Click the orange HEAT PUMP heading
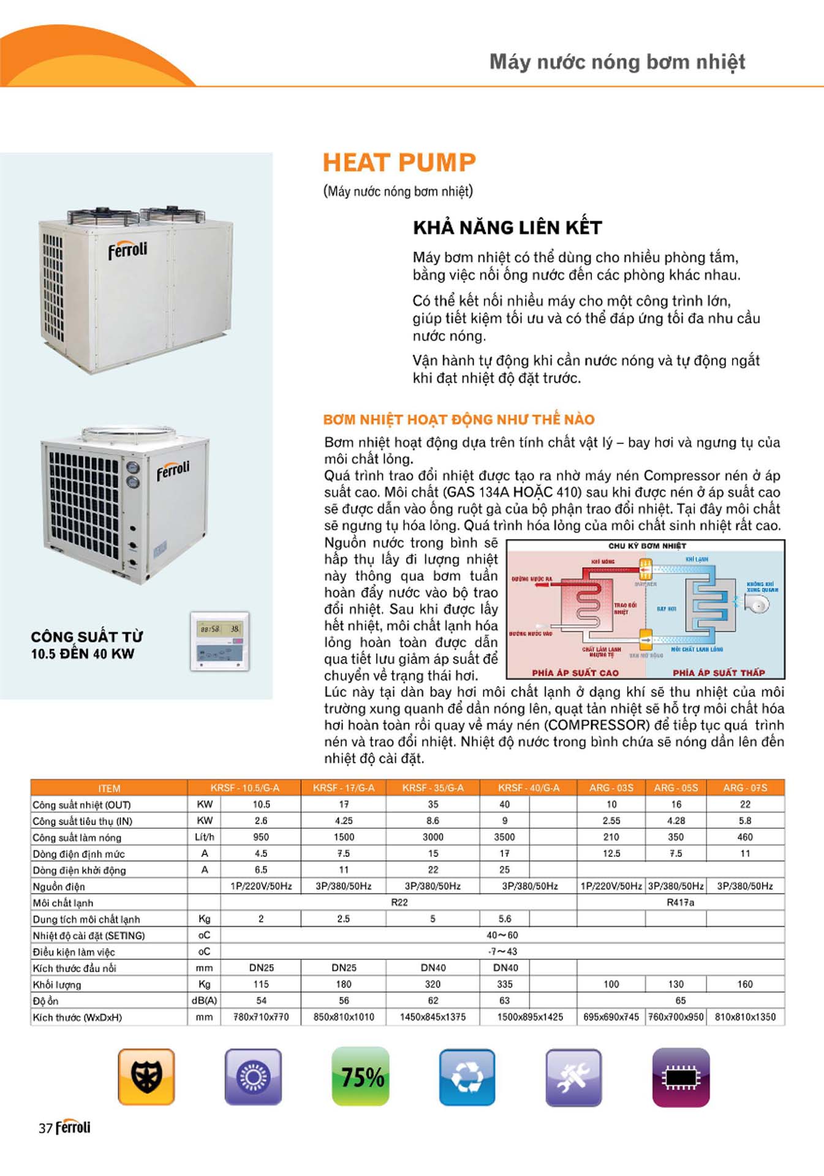point(399,163)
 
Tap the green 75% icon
point(361,1077)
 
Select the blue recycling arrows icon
point(467,1077)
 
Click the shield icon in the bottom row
point(146,1077)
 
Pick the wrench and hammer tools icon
point(573,1077)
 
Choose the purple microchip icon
point(681,1077)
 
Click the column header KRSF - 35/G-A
point(433,788)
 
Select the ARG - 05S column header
point(676,788)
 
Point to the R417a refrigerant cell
point(680,902)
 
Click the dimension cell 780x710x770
point(261,1017)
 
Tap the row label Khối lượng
point(57,984)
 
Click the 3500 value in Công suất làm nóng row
point(504,837)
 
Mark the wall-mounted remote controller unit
point(220,641)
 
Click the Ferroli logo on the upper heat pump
point(127,250)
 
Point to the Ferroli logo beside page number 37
point(73,1128)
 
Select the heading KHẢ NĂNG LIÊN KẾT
point(507,228)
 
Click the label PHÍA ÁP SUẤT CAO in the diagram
point(575,673)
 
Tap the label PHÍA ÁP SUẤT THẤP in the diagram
point(719,673)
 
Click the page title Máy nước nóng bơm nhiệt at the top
point(617,62)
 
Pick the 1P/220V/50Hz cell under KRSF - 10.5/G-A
point(261,886)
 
